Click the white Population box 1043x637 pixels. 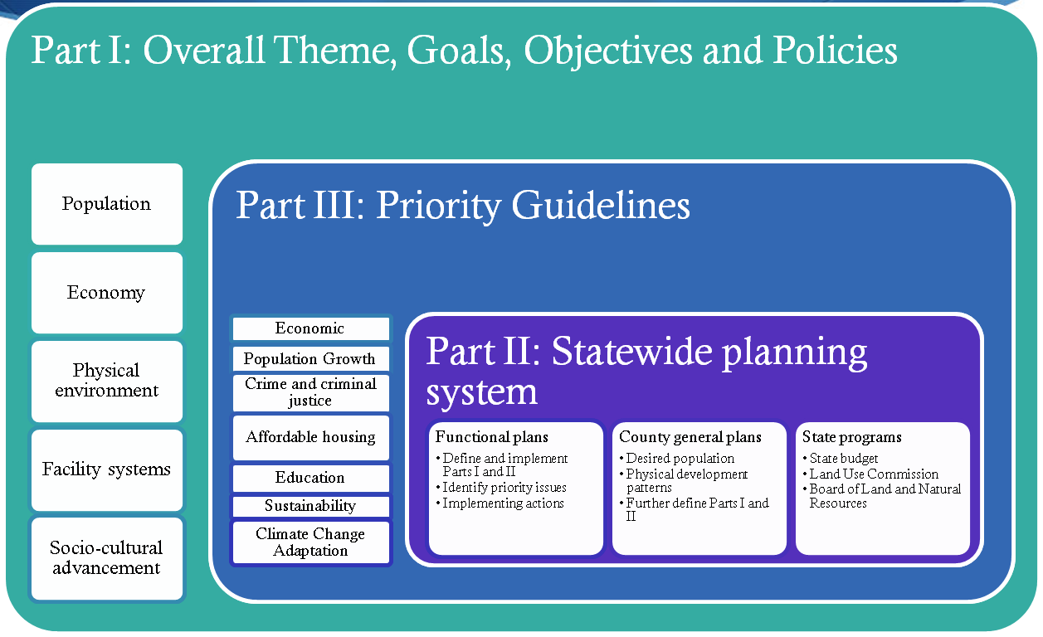pyautogui.click(x=107, y=204)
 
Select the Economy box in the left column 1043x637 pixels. pyautogui.click(x=107, y=293)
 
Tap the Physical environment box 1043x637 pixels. pyautogui.click(x=107, y=381)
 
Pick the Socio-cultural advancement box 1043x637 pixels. pyautogui.click(x=107, y=558)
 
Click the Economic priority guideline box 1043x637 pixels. pyautogui.click(x=310, y=328)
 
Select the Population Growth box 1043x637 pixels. pyautogui.click(x=310, y=359)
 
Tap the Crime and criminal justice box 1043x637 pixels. pyautogui.click(x=310, y=392)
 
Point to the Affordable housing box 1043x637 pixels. pyautogui.click(x=310, y=437)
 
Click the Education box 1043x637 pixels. pyautogui.click(x=310, y=478)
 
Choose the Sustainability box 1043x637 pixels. pyautogui.click(x=310, y=506)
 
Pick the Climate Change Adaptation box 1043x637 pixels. pyautogui.click(x=310, y=542)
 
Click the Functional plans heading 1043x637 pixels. pyautogui.click(x=492, y=437)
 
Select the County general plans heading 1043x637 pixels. pyautogui.click(x=690, y=437)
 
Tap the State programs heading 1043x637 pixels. pyautogui.click(x=851, y=437)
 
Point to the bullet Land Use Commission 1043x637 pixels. pyautogui.click(x=870, y=474)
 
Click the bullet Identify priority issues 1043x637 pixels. pyautogui.click(x=501, y=487)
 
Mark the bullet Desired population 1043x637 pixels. pyautogui.click(x=677, y=459)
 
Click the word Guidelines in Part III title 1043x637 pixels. pyautogui.click(x=601, y=205)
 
